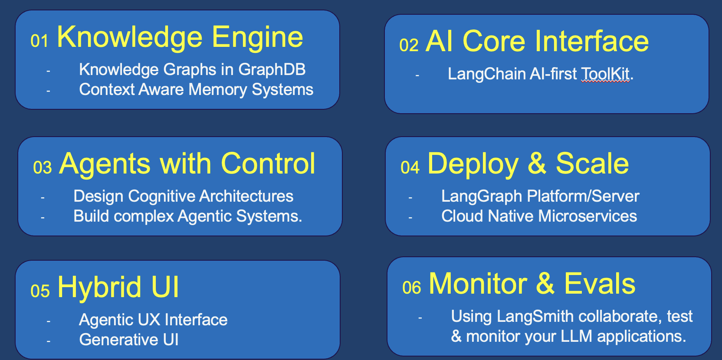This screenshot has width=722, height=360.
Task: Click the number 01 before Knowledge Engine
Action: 39,41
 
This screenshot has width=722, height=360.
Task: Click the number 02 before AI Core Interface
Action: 409,46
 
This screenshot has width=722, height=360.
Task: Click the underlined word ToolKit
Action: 605,74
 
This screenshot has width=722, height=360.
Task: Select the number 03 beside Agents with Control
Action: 43,168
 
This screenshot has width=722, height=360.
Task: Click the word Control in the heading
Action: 268,164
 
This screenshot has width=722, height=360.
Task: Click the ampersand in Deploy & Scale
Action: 537,164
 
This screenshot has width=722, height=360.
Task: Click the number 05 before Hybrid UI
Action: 40,291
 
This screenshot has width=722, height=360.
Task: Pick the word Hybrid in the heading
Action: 99,288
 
